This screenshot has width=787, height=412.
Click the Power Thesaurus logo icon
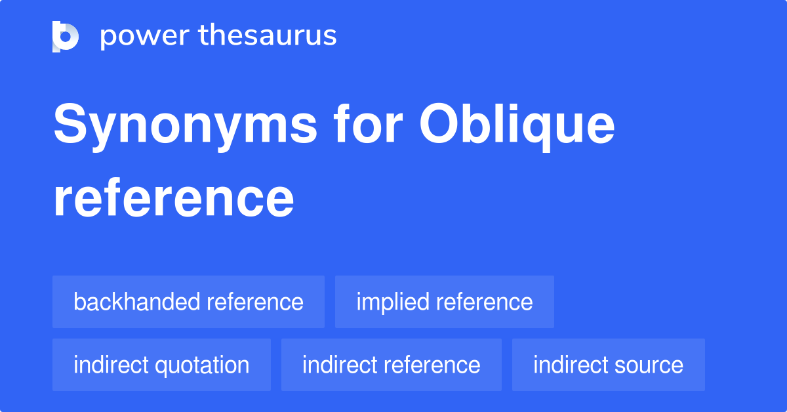coord(66,36)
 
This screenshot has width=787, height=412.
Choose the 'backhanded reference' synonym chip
coord(188,302)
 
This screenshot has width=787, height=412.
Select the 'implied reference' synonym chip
coord(444,302)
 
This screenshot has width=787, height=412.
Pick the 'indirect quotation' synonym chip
coord(161,365)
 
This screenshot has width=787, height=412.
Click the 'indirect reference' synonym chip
coord(391,365)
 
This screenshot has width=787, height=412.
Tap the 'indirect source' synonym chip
coord(608,365)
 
